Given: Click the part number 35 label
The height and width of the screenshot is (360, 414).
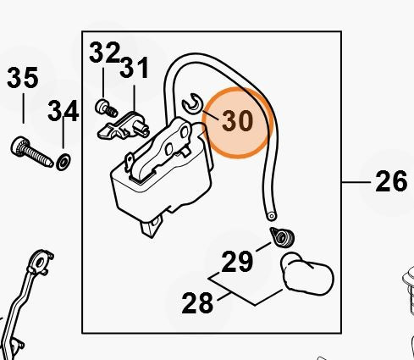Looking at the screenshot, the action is coord(23,77).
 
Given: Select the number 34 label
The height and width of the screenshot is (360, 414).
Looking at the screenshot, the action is coord(63,111).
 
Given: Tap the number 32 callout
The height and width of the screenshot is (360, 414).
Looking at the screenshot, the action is coord(104,53).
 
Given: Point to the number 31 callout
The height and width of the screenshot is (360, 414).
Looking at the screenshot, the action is coord(135,68).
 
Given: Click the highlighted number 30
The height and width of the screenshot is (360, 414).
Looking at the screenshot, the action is coord(237,121).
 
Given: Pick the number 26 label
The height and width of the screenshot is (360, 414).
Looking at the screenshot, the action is coord(391,181).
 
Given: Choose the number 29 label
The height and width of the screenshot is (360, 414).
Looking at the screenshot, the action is coord(237,262).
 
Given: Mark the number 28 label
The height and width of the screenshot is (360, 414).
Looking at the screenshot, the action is coord(197,303).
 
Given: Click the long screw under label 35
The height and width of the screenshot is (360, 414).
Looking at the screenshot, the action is coord(32,152).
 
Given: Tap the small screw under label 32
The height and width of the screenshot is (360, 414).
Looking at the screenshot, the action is coord(106,108).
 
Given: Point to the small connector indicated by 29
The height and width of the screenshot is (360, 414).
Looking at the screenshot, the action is coord(283,237).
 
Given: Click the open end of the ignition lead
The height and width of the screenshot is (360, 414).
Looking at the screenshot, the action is coord(272,216).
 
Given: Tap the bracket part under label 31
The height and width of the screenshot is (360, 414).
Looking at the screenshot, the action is coord(124,127).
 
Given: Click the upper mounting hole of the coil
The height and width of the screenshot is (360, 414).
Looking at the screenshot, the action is coord(185,131).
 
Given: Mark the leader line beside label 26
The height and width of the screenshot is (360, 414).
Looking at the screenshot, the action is coord(356,182).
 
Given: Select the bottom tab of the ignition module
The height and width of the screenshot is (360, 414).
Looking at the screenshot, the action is coord(152,227).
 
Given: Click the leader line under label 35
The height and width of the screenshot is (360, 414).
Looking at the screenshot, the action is coord(23,108).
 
